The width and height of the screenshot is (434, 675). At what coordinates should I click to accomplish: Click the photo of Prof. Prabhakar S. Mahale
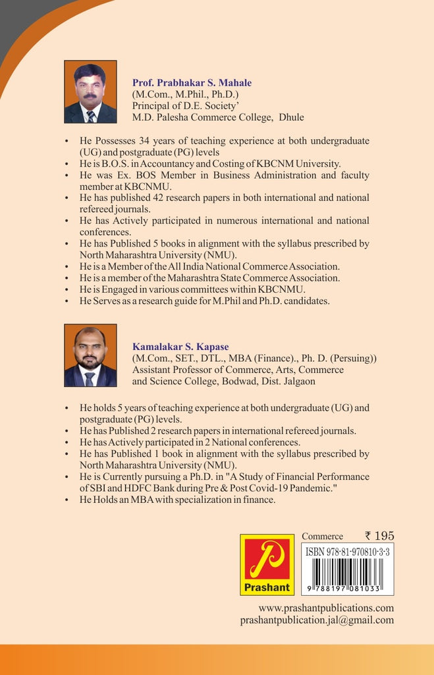pos(90,92)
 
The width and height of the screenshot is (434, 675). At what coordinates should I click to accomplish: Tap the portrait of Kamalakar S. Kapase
pos(90,355)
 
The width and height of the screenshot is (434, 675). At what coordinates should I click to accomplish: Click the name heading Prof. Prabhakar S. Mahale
pos(192,83)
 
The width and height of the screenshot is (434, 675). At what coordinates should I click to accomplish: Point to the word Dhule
pos(290,118)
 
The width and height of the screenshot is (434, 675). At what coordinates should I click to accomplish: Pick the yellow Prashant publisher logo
pos(267,564)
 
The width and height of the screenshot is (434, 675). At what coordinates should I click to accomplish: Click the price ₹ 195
pos(379,536)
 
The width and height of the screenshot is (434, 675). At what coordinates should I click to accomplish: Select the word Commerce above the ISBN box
pos(322,537)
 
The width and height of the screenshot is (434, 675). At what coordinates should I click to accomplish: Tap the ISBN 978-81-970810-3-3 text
pos(348,552)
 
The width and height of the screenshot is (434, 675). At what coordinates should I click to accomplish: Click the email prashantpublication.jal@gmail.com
pos(317,620)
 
